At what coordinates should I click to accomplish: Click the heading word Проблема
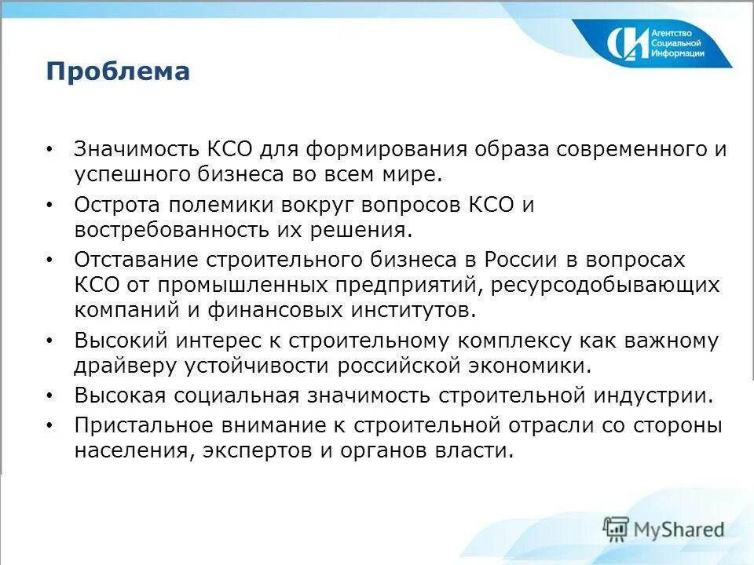click(x=118, y=72)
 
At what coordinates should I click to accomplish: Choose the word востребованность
click(x=171, y=231)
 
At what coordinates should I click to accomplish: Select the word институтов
click(x=413, y=309)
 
